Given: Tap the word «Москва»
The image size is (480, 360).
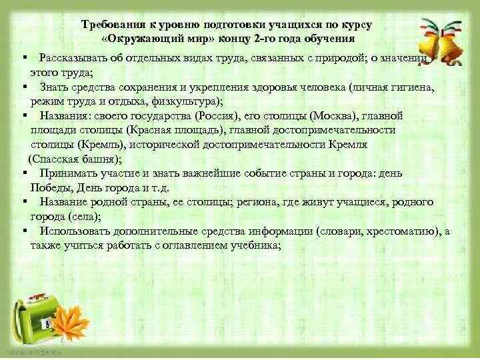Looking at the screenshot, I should (x=327, y=115).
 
